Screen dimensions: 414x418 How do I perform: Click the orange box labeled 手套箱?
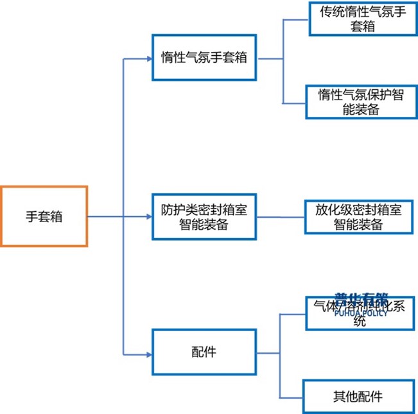(x=44, y=216)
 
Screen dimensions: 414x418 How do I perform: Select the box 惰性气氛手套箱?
(x=204, y=57)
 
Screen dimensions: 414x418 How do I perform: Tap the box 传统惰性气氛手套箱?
(x=360, y=21)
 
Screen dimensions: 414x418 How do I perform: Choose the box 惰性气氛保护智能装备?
(x=360, y=101)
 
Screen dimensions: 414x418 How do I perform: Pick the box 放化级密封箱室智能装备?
(x=360, y=218)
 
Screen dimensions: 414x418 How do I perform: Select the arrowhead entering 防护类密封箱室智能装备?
(x=148, y=216)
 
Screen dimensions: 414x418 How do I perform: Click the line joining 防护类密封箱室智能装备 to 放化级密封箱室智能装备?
(x=281, y=217)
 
